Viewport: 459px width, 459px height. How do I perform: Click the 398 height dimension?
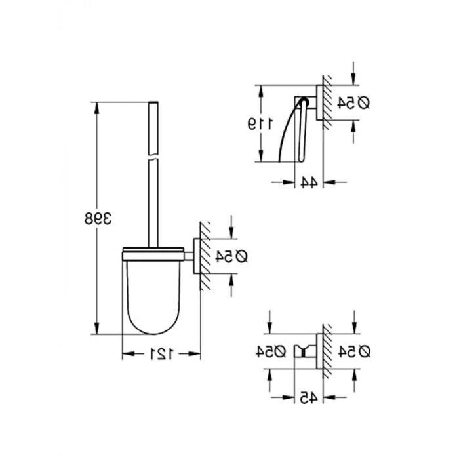[x=98, y=218]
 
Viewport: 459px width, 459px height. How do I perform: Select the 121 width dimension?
[x=162, y=354]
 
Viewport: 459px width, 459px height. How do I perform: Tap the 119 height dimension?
[x=260, y=123]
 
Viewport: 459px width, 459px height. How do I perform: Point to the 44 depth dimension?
[x=309, y=182]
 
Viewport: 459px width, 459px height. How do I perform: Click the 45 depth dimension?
[x=309, y=398]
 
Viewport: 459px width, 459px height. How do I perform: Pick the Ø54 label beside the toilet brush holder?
[x=231, y=257]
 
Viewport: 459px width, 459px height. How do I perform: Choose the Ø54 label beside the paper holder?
[x=353, y=103]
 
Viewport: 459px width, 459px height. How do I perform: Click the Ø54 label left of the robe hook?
[x=271, y=351]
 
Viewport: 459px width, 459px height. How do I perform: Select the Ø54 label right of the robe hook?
[x=355, y=351]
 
